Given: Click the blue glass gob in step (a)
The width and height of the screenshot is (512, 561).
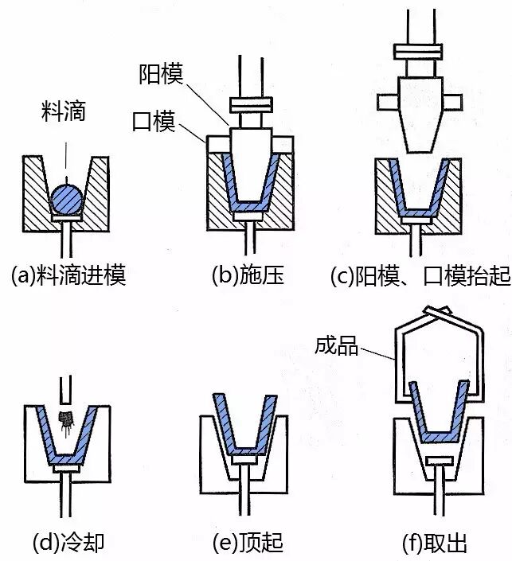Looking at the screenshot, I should point(66,197).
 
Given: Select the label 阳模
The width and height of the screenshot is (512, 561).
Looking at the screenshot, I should point(162,75).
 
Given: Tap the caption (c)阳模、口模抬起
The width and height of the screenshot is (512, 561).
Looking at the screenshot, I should point(419,275).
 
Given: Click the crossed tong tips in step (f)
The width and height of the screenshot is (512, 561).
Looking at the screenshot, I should point(435,314).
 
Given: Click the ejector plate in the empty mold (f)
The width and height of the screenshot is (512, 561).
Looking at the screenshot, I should point(437,462).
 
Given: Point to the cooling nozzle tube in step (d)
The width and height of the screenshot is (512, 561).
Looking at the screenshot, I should point(66,389).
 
